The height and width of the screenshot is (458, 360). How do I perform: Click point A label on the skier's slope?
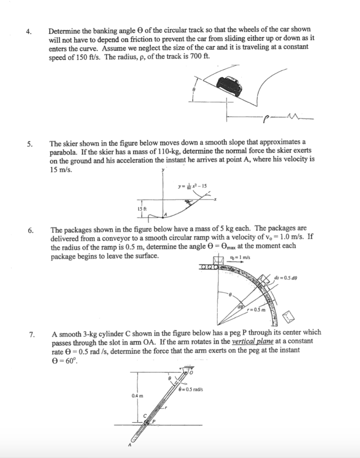(165, 215)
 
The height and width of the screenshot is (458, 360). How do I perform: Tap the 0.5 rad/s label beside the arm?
(191, 389)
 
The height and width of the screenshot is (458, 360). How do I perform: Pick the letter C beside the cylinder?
(144, 416)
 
